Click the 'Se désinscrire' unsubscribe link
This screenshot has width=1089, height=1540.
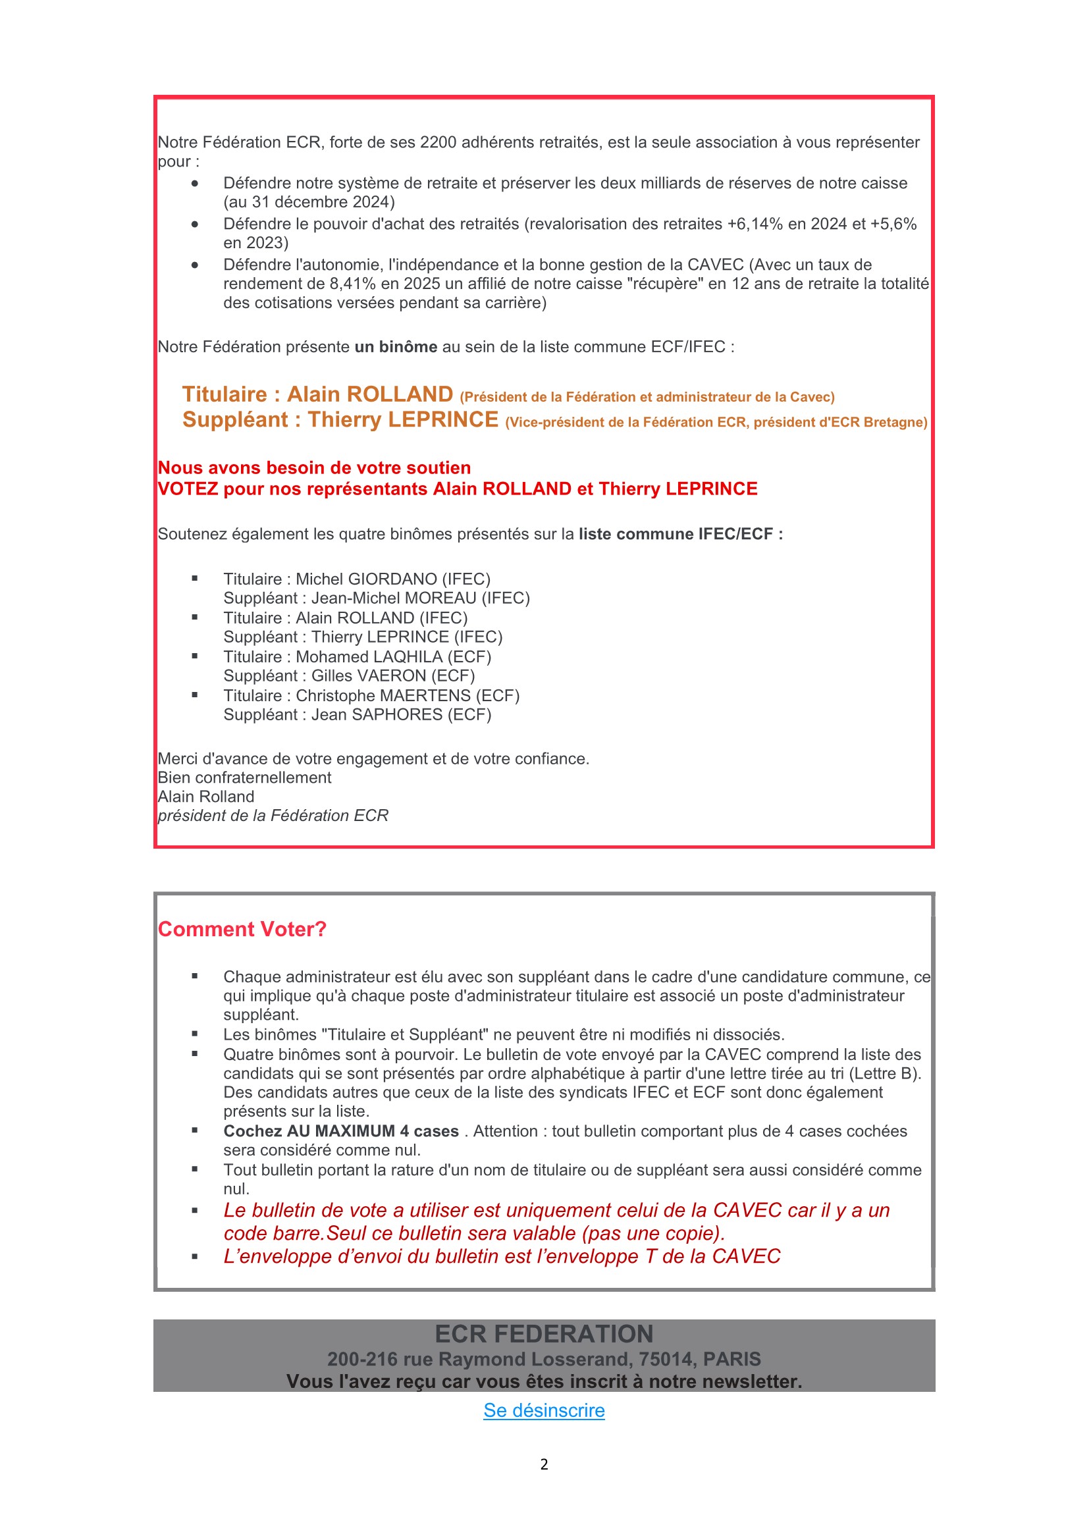(544, 1410)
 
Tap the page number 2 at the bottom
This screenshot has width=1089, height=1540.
(544, 1464)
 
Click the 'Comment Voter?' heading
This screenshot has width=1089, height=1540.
(242, 929)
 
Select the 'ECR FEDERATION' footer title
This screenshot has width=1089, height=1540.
(544, 1333)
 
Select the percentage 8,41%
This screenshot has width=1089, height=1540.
(353, 284)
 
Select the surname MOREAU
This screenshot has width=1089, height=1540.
(440, 598)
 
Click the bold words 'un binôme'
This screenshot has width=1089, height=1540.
(396, 347)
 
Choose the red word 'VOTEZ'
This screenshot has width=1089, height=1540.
(188, 489)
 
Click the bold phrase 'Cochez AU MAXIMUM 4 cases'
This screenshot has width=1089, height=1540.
(340, 1131)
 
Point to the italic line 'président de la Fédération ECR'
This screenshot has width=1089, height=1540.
(273, 815)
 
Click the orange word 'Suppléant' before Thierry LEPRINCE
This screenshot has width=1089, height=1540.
(234, 419)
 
